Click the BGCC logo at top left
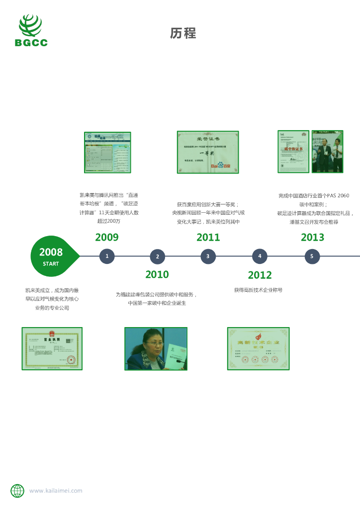(x=31, y=30)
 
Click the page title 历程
(x=183, y=33)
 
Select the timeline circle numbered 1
(x=107, y=256)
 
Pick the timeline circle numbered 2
(x=157, y=256)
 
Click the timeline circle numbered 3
(x=208, y=256)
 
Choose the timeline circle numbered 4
(x=260, y=256)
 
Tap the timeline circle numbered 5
(x=312, y=256)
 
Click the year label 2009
(x=107, y=238)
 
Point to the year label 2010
(x=157, y=274)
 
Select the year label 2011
(x=208, y=238)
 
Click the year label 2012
(x=260, y=275)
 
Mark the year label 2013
(x=312, y=238)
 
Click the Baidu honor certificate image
(x=208, y=152)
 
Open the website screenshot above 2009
(x=107, y=152)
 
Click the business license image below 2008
(x=52, y=348)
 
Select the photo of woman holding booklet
(x=156, y=348)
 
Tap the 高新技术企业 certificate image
(x=258, y=348)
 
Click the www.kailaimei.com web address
(x=56, y=491)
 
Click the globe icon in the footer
(x=17, y=491)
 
